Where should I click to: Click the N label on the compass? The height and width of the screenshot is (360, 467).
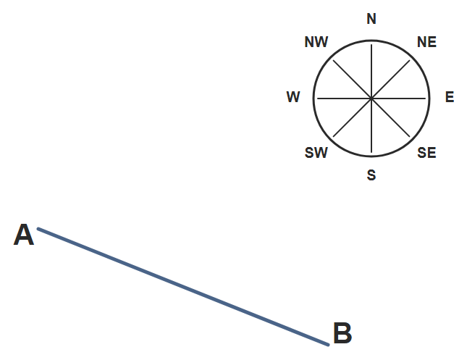(371, 19)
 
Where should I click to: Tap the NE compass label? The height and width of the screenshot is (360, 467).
(426, 42)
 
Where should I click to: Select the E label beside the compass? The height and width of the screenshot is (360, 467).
(450, 97)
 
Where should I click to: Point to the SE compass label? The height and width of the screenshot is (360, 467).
(426, 153)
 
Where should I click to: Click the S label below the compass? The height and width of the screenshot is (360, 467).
(371, 175)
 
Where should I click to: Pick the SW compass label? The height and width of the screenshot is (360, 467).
(316, 153)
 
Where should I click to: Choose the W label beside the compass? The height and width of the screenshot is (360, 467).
(293, 97)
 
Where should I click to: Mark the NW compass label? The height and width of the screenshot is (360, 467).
(316, 42)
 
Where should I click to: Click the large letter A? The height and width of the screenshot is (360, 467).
(24, 235)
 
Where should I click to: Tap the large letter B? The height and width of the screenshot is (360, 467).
(342, 333)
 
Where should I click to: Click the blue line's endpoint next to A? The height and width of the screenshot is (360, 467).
(38, 229)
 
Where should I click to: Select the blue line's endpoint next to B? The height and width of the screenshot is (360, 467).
(328, 345)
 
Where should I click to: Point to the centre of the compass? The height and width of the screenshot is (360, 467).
(371, 98)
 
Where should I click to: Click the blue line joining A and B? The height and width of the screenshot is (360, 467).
(183, 287)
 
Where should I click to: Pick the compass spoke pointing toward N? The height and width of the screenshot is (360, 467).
(371, 71)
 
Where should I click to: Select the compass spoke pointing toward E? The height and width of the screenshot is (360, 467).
(398, 98)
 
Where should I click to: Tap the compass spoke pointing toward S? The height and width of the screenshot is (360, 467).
(371, 125)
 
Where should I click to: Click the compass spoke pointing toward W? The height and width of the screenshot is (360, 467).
(345, 98)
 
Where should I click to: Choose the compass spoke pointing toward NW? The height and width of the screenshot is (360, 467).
(353, 79)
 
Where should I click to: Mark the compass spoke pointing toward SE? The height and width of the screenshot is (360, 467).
(391, 117)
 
